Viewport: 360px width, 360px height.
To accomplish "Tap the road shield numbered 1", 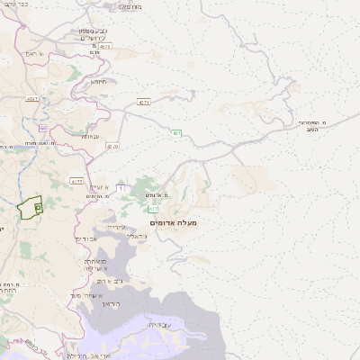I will coord(120,188).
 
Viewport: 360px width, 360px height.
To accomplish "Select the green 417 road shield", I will coord(153,209).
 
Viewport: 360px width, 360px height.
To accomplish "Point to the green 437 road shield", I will coord(177,133).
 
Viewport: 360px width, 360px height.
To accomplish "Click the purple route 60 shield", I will coord(42,129).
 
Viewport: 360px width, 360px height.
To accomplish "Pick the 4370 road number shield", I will coord(143,103).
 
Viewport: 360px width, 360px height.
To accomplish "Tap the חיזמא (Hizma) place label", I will coord(97,81).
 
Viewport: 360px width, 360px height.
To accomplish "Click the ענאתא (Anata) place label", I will coord(91,136).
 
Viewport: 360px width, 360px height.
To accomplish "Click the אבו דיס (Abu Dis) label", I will coord(86,238).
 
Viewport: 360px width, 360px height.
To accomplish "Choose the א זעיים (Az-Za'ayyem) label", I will coord(99,186).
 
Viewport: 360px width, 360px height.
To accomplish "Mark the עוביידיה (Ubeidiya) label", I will coord(159,324).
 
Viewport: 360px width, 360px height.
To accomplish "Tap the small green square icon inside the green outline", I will coord(38,208).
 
